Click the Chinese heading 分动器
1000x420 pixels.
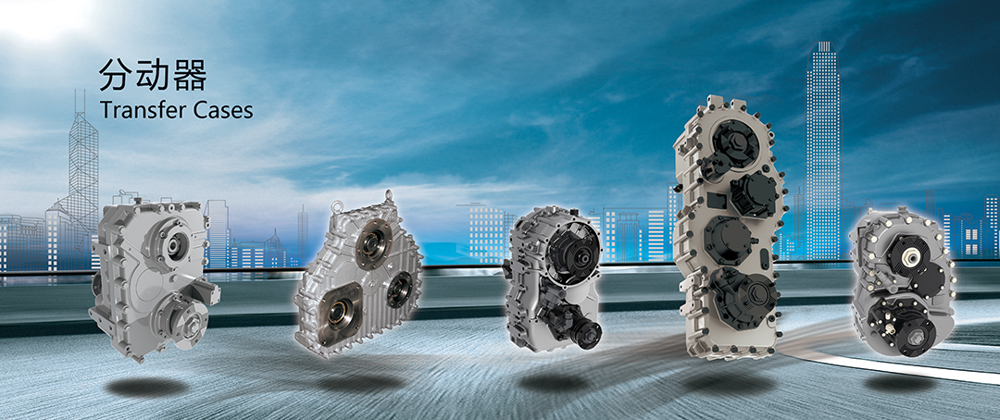click(153, 77)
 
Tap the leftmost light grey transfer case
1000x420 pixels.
click(155, 278)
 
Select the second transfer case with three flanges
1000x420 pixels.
click(358, 276)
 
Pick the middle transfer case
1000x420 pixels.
click(554, 278)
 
